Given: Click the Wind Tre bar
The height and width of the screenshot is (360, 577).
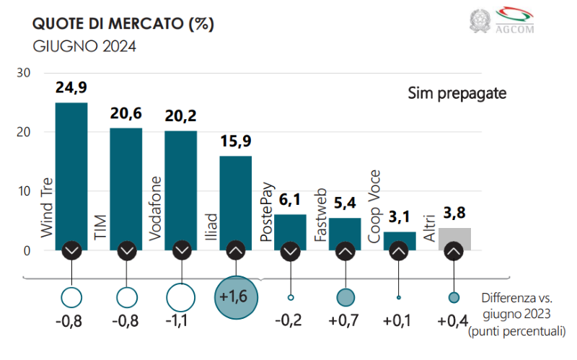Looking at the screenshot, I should [71, 173].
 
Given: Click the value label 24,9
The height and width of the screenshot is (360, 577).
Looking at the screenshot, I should [71, 89].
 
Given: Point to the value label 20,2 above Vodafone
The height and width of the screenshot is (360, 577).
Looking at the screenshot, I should [181, 116].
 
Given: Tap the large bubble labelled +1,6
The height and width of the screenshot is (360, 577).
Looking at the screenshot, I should [236, 297].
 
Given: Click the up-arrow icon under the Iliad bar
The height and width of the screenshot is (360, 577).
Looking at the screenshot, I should [236, 251].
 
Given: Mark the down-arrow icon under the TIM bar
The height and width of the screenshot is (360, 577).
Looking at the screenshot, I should [127, 251].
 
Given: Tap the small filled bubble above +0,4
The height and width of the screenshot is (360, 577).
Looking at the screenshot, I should [454, 297].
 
